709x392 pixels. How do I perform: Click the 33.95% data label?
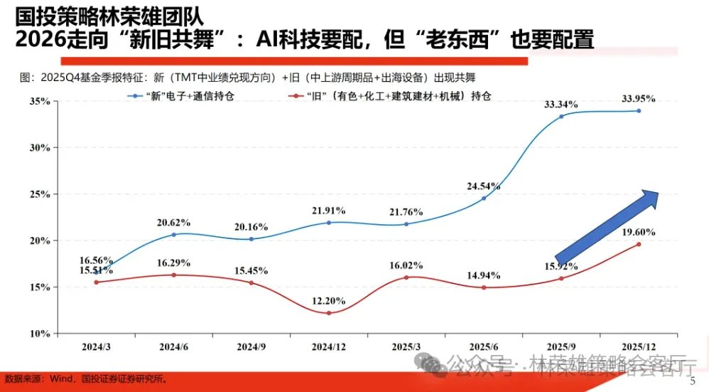(x=638, y=98)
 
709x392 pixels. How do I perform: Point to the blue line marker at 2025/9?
(x=561, y=116)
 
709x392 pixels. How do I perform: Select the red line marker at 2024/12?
(x=329, y=313)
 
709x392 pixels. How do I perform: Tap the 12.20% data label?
(x=329, y=301)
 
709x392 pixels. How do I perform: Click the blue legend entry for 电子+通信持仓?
(x=190, y=95)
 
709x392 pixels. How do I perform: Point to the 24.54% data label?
(x=484, y=186)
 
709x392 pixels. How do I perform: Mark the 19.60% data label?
(x=638, y=232)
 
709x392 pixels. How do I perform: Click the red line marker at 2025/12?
(x=639, y=244)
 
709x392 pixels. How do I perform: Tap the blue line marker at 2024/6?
(x=174, y=234)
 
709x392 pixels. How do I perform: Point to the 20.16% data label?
(x=251, y=227)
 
